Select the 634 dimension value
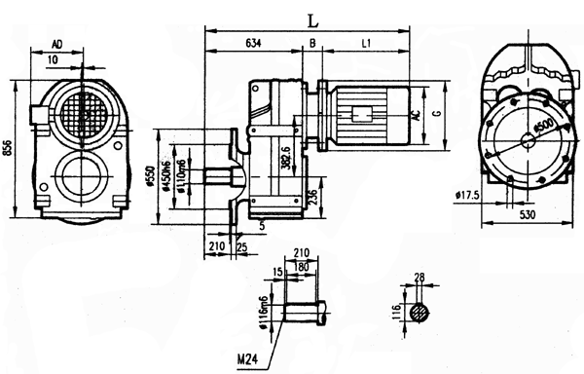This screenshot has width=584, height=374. [x=252, y=44]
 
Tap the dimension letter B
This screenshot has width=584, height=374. [x=311, y=44]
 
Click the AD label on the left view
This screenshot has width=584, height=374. [x=57, y=45]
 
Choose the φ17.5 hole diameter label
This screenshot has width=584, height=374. [x=468, y=196]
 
